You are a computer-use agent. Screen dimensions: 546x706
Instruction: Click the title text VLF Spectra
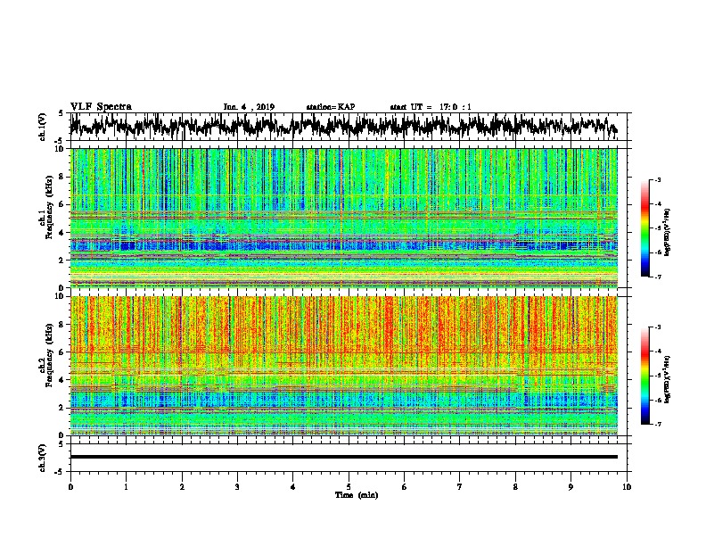pyautogui.click(x=101, y=106)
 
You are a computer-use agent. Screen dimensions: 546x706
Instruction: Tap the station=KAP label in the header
pyautogui.click(x=330, y=107)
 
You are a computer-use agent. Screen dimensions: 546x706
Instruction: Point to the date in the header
pyautogui.click(x=249, y=107)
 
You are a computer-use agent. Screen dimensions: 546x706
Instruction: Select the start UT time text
pyautogui.click(x=431, y=107)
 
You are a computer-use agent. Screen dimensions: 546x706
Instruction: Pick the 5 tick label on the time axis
pyautogui.click(x=349, y=486)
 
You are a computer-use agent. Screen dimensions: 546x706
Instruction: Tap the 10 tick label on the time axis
pyautogui.click(x=627, y=486)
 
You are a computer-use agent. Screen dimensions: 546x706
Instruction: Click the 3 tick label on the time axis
pyautogui.click(x=237, y=486)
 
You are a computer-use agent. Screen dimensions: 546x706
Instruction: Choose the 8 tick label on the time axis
pyautogui.click(x=515, y=486)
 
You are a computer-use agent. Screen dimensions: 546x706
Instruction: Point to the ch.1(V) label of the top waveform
pyautogui.click(x=44, y=127)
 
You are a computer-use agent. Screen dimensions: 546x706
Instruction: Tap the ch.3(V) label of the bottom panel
pyautogui.click(x=44, y=457)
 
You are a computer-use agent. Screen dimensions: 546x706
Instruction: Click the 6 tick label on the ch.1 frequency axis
pyautogui.click(x=61, y=204)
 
